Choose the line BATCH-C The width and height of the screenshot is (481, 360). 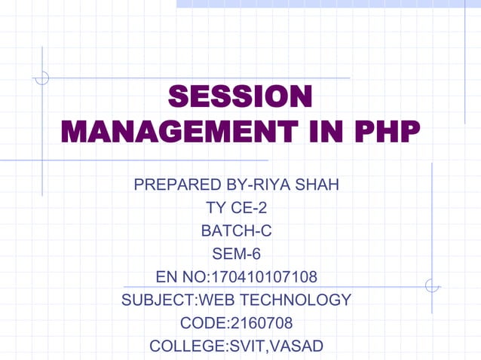pyautogui.click(x=237, y=230)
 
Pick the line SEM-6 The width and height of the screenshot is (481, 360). pyautogui.click(x=237, y=254)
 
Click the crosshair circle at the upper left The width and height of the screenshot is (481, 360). pyautogui.click(x=43, y=77)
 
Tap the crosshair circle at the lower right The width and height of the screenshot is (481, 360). pyautogui.click(x=432, y=285)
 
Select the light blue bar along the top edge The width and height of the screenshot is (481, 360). pyautogui.click(x=329, y=4)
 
